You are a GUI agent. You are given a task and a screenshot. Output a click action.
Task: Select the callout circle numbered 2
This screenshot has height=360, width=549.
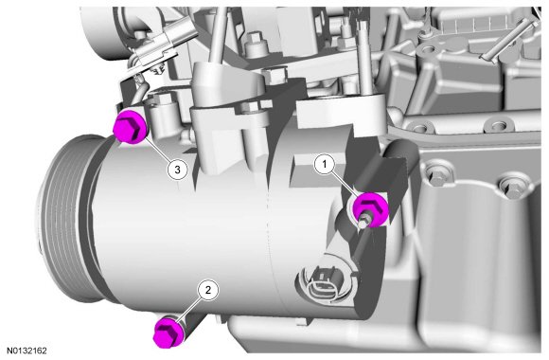[x=208, y=290]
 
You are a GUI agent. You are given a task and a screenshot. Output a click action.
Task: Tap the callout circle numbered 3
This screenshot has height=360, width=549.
[x=177, y=170]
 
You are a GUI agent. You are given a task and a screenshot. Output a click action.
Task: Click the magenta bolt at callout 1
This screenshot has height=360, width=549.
[x=371, y=209]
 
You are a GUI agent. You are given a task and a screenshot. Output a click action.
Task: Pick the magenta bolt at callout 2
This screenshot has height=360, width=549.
[x=168, y=332]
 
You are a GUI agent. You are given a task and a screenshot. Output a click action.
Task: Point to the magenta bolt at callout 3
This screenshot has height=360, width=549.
[x=131, y=126]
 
